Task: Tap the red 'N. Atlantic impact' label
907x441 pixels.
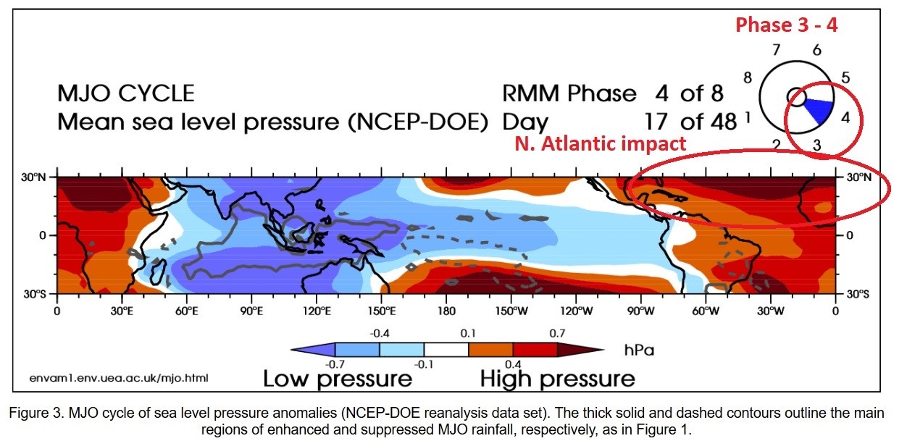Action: (x=600, y=143)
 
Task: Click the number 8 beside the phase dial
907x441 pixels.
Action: (x=748, y=77)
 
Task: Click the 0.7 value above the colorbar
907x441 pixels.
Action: (x=557, y=333)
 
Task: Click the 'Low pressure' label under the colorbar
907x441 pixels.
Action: (x=338, y=378)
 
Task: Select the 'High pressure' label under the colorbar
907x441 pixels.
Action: (x=557, y=378)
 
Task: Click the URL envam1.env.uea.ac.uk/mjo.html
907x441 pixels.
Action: (x=121, y=379)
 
